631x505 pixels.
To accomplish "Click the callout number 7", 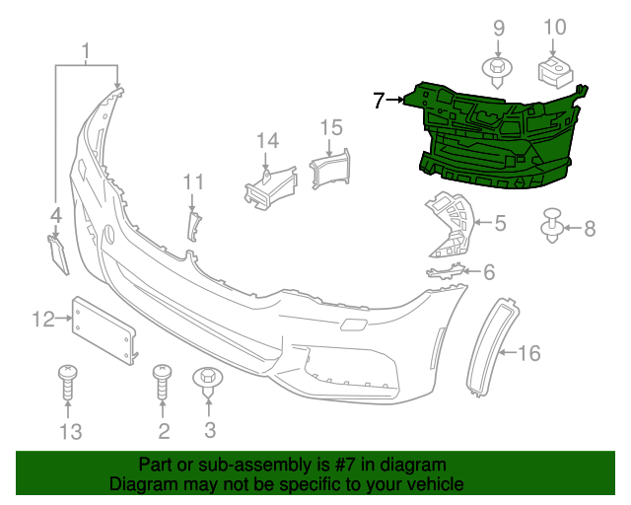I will [x=379, y=100].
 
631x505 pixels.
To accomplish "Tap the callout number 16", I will [x=529, y=353].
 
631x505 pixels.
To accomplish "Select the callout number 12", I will [x=42, y=319].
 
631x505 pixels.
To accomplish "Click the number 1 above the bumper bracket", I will [x=87, y=50].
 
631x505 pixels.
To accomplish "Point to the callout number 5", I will [x=500, y=224].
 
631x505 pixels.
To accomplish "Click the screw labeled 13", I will [x=69, y=383].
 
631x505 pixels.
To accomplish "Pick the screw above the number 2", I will [x=163, y=382].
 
